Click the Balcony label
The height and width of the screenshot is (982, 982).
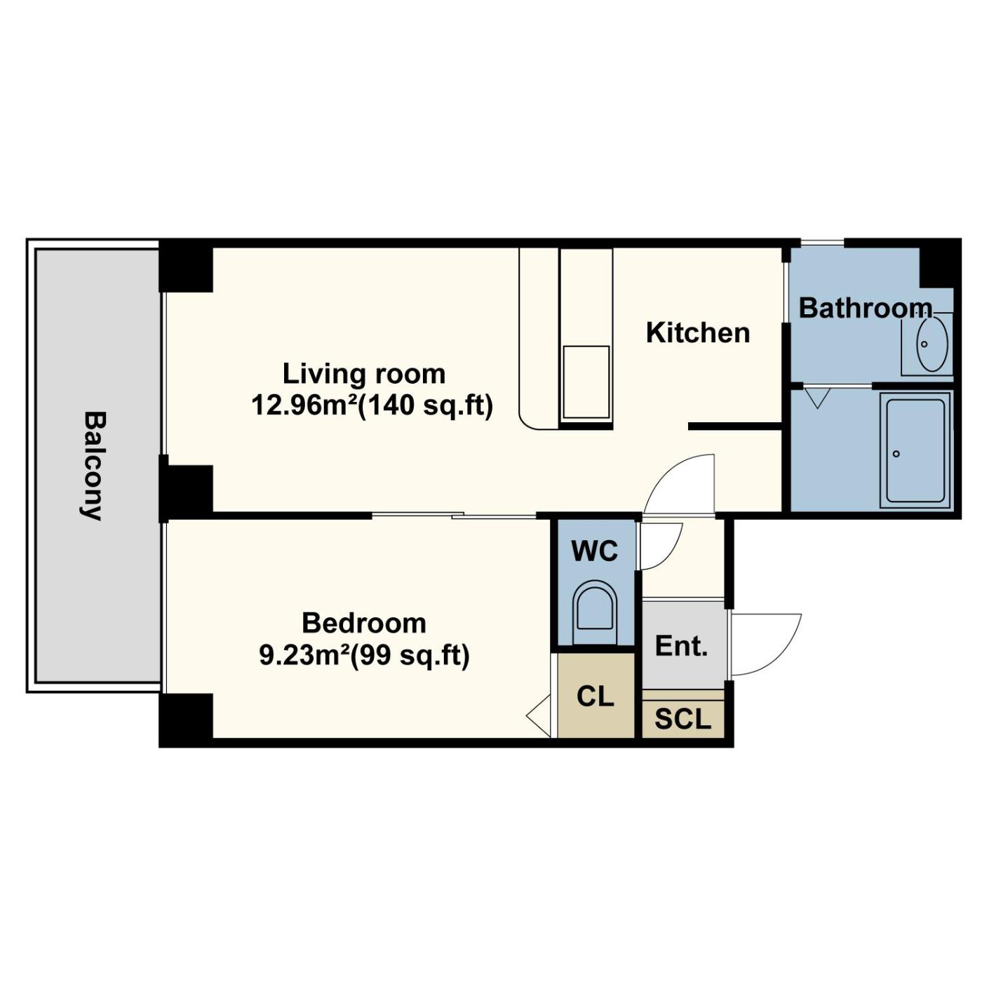click(94, 466)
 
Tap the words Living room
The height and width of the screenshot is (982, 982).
click(364, 374)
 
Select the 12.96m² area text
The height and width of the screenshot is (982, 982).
click(304, 406)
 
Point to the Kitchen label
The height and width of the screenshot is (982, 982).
click(698, 332)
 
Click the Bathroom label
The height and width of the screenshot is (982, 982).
click(866, 309)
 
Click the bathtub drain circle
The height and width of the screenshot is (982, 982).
click(896, 454)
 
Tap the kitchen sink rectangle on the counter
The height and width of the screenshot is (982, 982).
click(586, 383)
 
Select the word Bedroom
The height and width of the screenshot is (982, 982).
click(364, 624)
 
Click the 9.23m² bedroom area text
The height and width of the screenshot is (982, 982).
click(306, 655)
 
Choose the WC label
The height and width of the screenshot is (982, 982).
click(595, 551)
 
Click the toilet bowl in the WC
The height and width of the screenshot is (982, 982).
click(595, 610)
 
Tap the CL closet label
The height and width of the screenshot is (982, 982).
click(596, 696)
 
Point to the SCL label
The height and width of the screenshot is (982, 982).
click(682, 719)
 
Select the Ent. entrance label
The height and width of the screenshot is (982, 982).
click(681, 646)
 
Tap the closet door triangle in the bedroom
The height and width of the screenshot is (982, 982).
click(538, 715)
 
